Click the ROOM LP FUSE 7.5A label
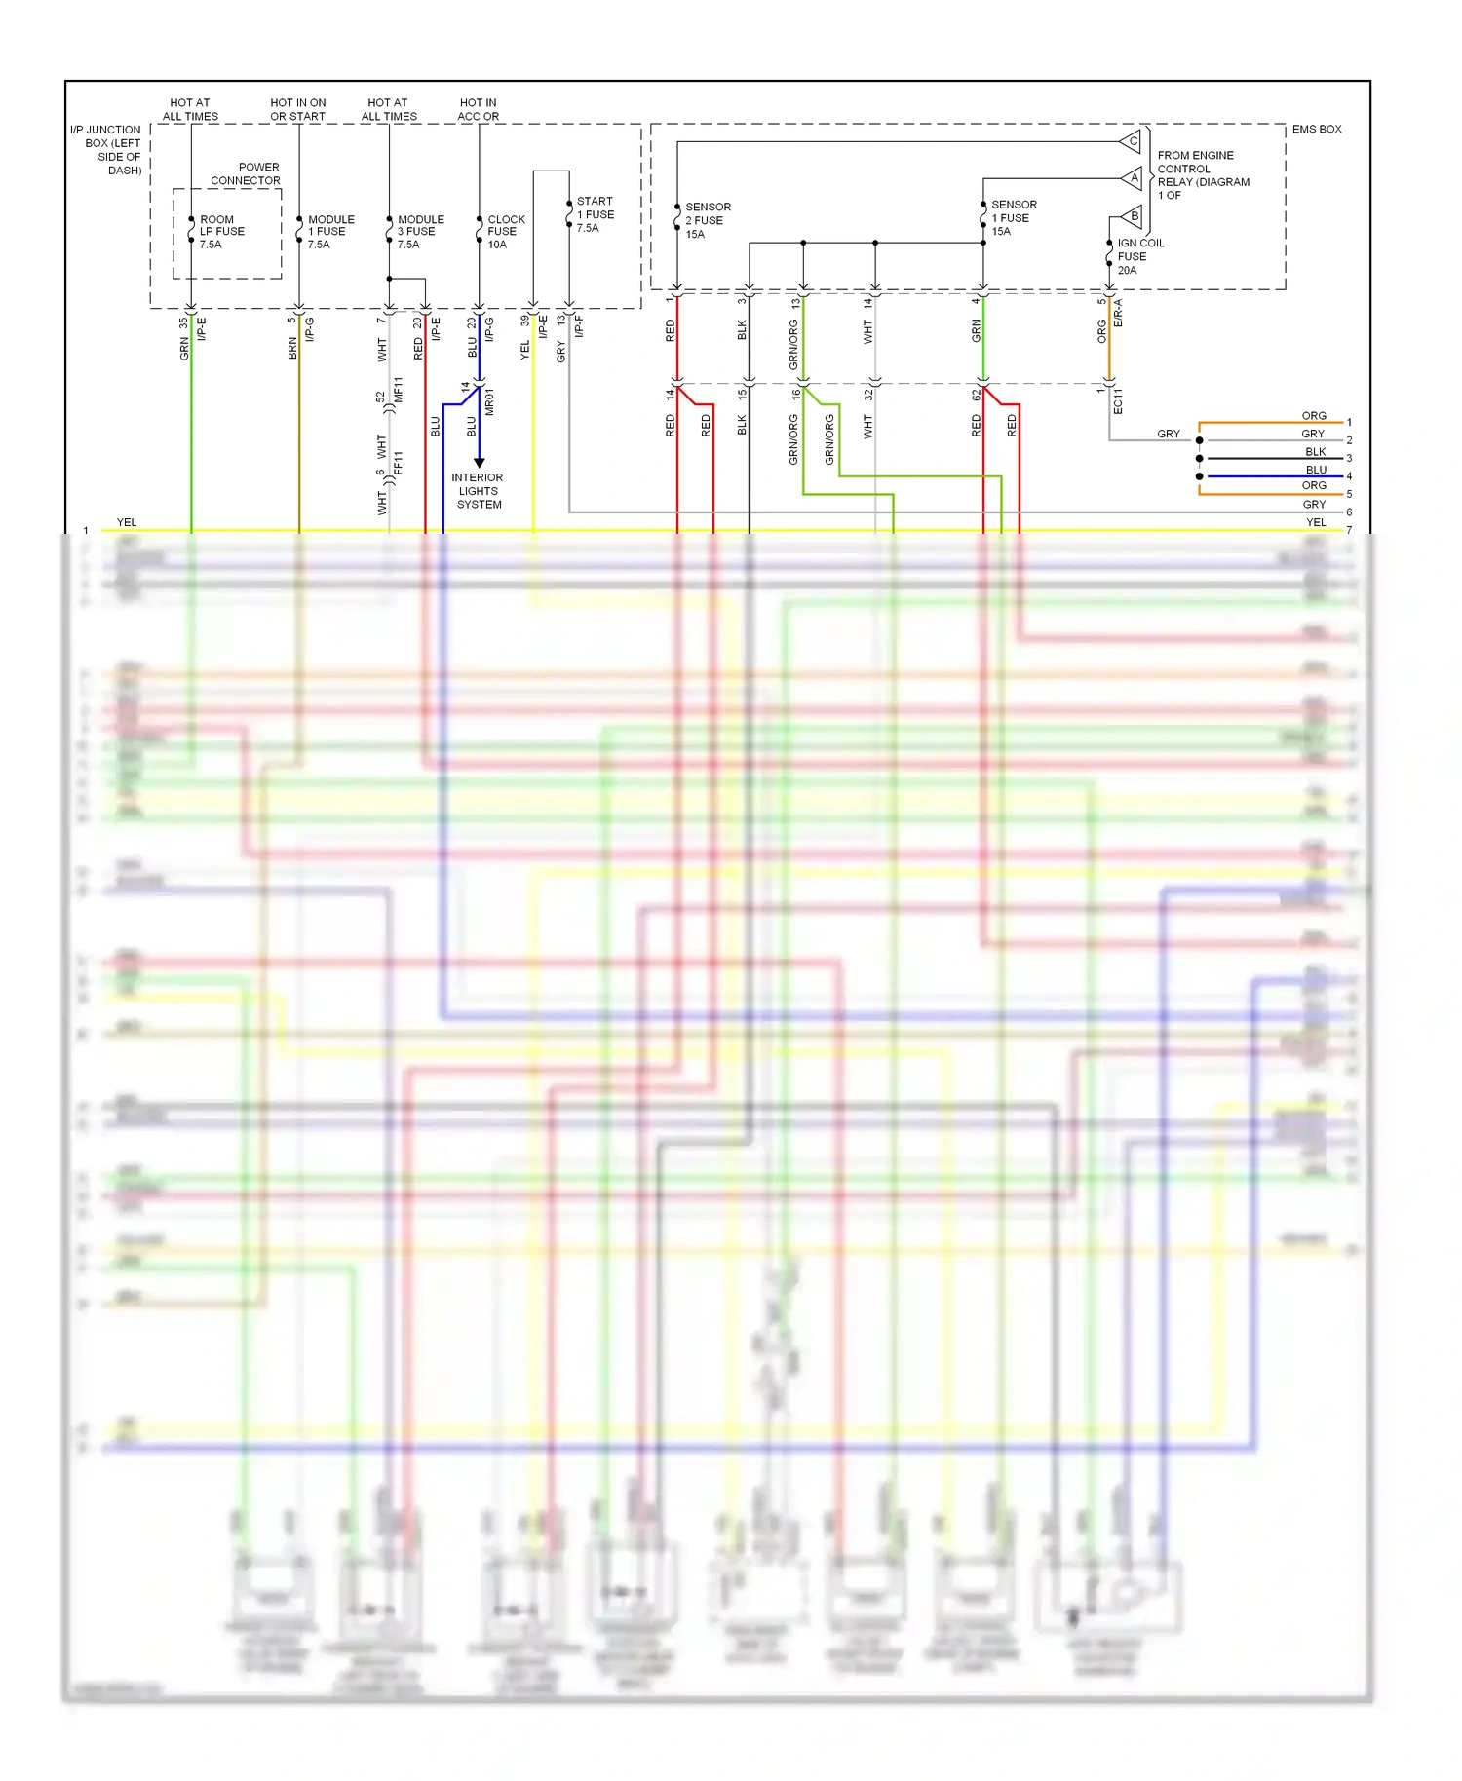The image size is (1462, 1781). point(221,232)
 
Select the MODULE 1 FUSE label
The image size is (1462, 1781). point(330,232)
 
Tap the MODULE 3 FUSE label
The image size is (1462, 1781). point(420,232)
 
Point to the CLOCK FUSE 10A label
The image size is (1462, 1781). point(505,232)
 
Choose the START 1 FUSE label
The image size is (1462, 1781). point(595,214)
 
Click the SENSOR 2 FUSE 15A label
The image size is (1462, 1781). point(707,220)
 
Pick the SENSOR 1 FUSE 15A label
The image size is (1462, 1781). point(1013,218)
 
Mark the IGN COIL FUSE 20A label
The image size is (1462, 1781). point(1139,256)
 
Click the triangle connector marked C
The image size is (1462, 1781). point(1132,142)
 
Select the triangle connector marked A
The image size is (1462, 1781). point(1133,178)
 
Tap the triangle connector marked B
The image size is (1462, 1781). point(1133,216)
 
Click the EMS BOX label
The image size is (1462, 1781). point(1316,130)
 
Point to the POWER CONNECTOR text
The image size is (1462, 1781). point(246,173)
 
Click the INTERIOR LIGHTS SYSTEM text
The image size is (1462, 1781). point(478,491)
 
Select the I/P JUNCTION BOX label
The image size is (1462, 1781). point(106,149)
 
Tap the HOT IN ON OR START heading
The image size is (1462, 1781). point(298,109)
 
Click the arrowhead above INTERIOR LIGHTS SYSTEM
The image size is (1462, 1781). point(479,462)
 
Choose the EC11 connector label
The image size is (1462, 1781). point(1118,401)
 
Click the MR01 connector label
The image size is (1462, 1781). point(489,401)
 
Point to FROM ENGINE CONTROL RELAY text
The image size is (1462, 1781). point(1202,175)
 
